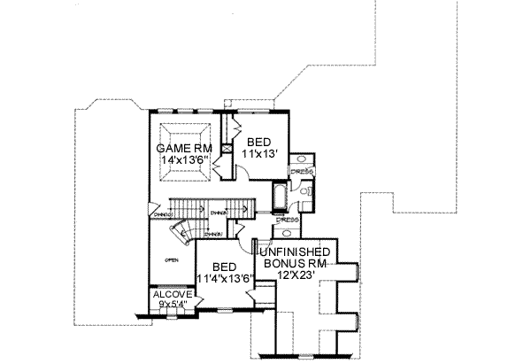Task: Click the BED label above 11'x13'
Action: pos(258,142)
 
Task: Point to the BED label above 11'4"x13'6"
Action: pos(225,267)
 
